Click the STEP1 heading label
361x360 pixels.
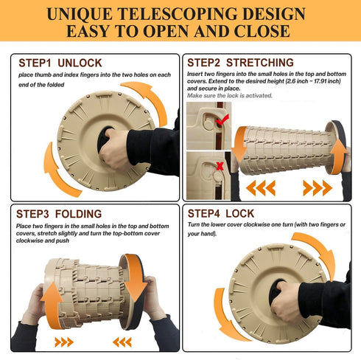[35, 63]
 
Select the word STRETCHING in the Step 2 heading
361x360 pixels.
[260, 63]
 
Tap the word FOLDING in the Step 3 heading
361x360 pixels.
[78, 214]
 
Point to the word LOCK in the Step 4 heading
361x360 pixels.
[240, 213]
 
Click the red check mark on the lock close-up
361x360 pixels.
[222, 120]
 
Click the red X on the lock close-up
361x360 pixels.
[220, 166]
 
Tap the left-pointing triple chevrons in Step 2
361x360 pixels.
[261, 188]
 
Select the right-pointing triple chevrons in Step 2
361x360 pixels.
[318, 188]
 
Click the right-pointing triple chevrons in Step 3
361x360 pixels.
[64, 342]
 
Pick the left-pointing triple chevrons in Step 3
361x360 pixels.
[122, 342]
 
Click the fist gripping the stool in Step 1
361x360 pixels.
[115, 149]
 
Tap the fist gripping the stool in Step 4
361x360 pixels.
[286, 302]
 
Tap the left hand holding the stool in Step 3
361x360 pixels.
[35, 305]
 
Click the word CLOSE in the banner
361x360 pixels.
[262, 31]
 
